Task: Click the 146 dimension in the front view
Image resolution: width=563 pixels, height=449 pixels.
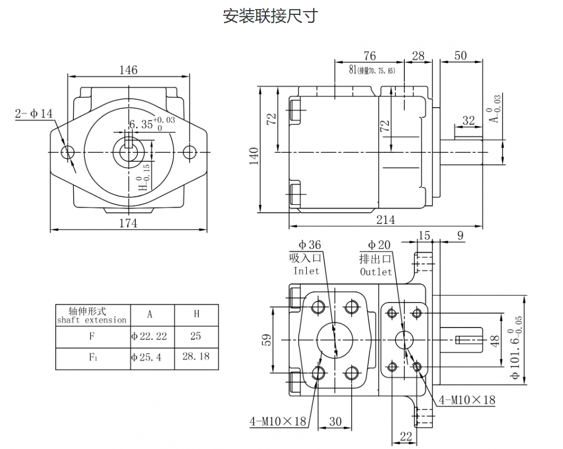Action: (x=128, y=70)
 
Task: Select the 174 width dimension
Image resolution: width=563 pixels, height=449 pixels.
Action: (x=128, y=223)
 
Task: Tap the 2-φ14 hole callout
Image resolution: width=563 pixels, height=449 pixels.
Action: (x=34, y=113)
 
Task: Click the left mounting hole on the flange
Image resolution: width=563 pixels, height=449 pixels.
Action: (x=67, y=152)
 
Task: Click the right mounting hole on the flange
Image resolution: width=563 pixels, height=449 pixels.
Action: (x=189, y=152)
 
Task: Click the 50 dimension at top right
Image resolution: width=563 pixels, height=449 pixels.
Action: (x=461, y=56)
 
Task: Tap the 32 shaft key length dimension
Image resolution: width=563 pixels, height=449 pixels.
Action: (x=468, y=120)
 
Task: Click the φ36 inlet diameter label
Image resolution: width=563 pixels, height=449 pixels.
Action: (x=309, y=245)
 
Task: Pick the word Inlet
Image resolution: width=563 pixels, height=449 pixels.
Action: (x=306, y=271)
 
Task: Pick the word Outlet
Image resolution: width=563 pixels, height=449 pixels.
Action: (x=376, y=272)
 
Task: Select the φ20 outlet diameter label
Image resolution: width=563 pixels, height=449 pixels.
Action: (x=379, y=245)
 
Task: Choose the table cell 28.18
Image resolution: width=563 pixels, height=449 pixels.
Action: (x=196, y=356)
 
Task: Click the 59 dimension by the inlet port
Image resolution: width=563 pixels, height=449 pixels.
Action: (x=266, y=339)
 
